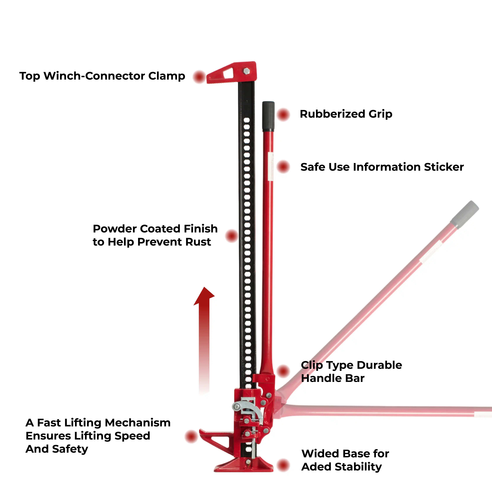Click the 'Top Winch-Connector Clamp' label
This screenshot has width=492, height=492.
tap(102, 76)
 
